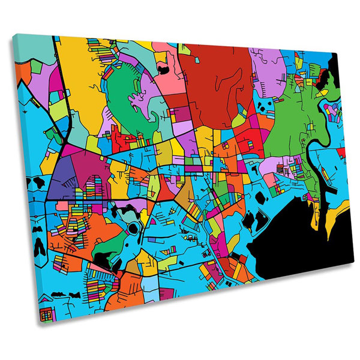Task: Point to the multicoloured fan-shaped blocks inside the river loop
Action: (332, 112)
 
